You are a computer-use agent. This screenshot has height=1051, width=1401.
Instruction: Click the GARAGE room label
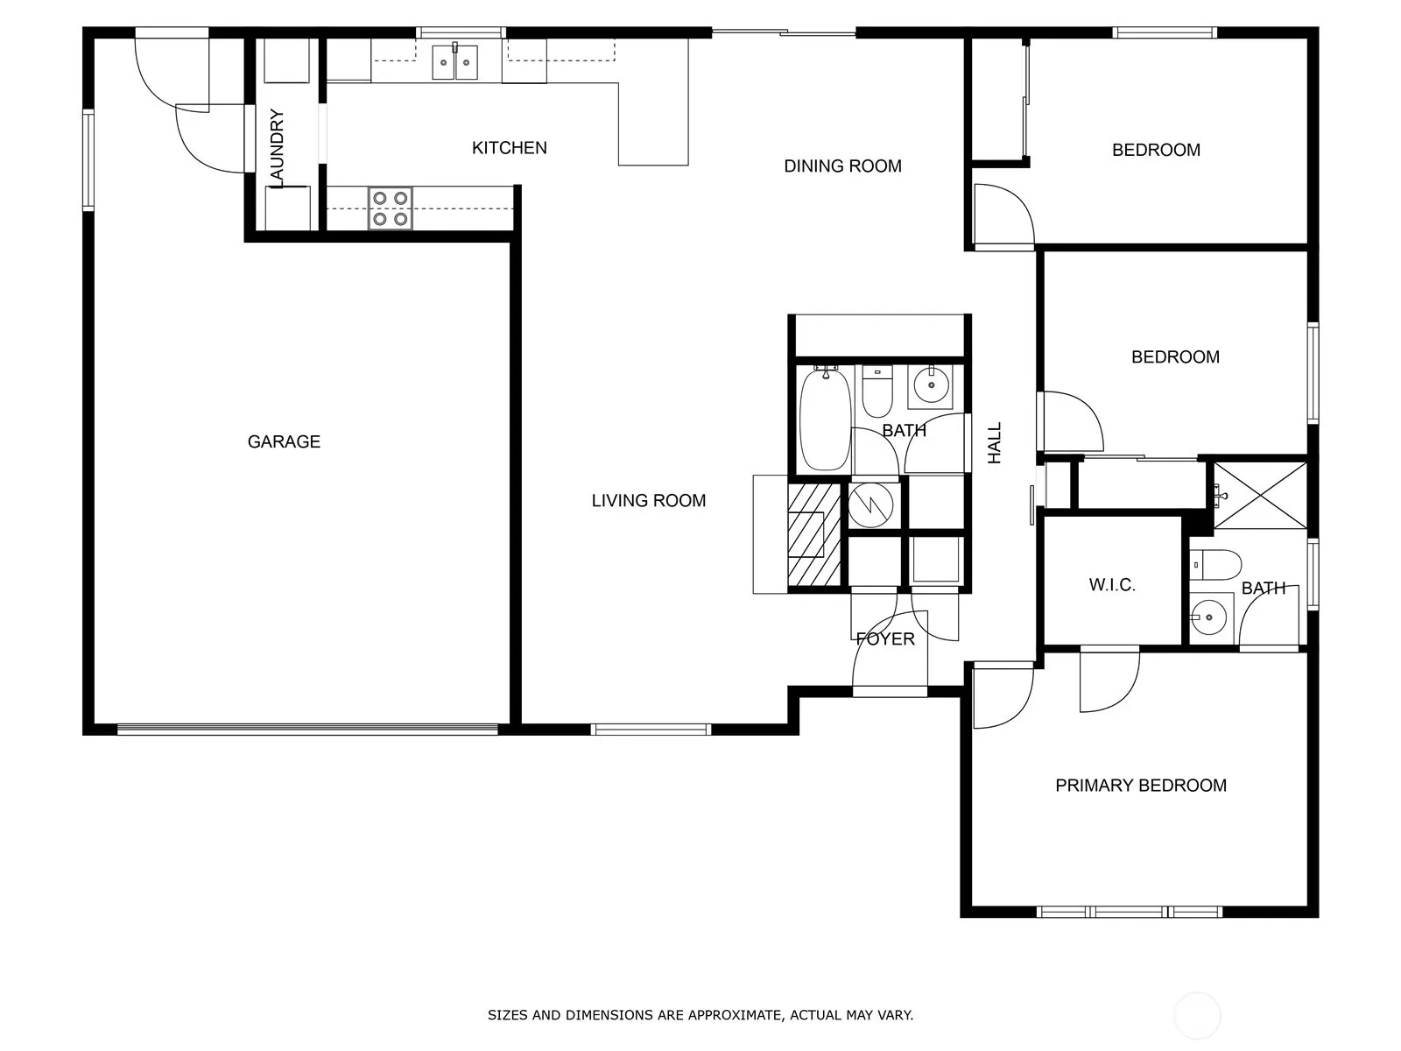[284, 441]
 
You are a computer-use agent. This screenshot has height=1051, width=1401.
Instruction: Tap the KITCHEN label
[510, 148]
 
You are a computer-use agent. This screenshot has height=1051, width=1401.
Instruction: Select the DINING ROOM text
[842, 166]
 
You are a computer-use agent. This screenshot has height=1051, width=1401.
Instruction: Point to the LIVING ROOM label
[649, 500]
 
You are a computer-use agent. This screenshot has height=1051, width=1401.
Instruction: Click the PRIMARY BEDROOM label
[1141, 786]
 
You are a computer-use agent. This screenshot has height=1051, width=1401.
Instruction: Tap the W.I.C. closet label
[1112, 584]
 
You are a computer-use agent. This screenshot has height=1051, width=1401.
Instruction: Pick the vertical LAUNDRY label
[277, 149]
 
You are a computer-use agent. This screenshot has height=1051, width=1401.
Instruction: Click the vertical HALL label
[995, 443]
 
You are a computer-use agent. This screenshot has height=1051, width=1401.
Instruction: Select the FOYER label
[885, 638]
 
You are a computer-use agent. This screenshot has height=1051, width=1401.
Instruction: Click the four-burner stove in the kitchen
[390, 208]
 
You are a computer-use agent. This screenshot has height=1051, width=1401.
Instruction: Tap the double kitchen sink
[454, 62]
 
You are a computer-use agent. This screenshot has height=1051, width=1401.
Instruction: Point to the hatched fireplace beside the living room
[813, 535]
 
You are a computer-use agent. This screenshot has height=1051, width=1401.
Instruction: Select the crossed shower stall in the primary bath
[1260, 496]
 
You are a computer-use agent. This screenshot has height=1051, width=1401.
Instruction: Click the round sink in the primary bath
[1209, 617]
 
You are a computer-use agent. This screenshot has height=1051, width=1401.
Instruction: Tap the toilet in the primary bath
[1215, 565]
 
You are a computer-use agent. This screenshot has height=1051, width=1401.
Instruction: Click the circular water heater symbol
[870, 504]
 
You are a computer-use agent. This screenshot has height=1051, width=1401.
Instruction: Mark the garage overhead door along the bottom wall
[307, 729]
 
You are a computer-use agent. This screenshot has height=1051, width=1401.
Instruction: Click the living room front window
[651, 730]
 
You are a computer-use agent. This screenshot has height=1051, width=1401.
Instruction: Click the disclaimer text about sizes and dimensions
[700, 1014]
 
